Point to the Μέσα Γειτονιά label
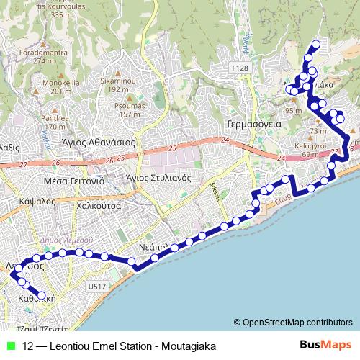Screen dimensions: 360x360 click(x=74, y=181)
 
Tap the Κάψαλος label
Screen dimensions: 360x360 click(x=39, y=202)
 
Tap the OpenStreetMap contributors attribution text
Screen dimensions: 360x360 click(x=297, y=322)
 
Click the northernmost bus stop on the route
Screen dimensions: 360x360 click(x=315, y=45)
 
